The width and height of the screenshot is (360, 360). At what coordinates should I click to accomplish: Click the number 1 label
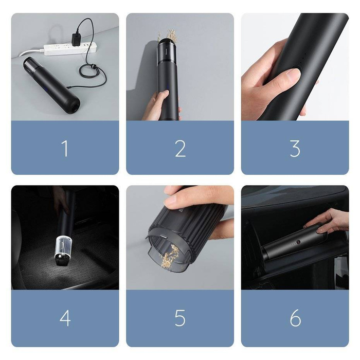[65, 148]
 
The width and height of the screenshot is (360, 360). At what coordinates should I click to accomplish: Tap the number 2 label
[180, 148]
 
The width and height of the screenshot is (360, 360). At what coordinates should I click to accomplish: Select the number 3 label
[295, 148]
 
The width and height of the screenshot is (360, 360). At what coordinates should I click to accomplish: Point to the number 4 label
[65, 318]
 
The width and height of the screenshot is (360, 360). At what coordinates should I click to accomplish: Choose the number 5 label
[180, 318]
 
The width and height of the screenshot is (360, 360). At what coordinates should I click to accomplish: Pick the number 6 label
[295, 318]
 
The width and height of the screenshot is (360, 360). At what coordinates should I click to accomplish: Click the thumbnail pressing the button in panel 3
[292, 76]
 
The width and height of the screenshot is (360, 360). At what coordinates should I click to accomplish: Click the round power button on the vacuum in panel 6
[297, 241]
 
